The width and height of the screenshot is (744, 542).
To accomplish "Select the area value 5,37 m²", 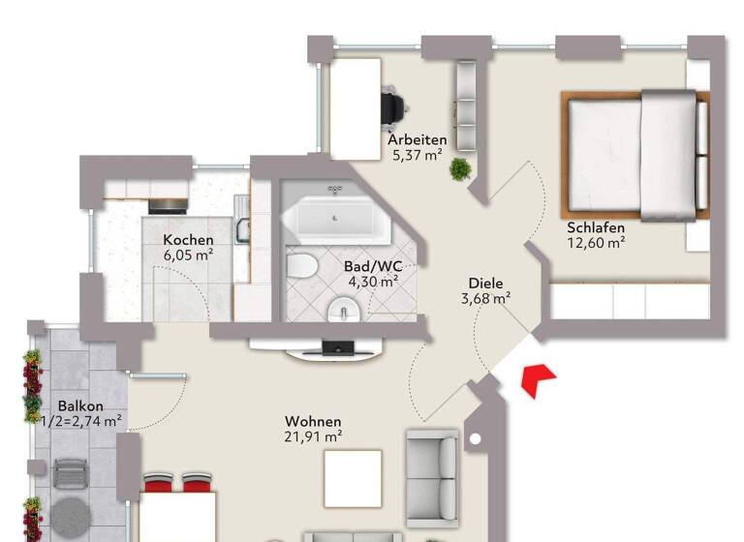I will (x=418, y=154).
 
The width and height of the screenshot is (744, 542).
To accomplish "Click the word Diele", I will (x=486, y=284).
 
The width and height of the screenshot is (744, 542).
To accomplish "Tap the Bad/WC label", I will (x=373, y=266).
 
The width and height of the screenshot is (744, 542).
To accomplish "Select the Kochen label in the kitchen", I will (x=188, y=240).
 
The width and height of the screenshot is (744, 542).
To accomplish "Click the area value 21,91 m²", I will (x=313, y=437).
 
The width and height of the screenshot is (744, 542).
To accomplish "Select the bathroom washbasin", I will (x=342, y=310).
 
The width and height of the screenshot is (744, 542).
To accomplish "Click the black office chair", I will (x=391, y=105).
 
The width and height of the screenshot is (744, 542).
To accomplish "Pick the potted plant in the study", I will (x=460, y=169).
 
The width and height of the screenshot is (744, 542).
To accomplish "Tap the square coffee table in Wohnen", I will (x=353, y=478).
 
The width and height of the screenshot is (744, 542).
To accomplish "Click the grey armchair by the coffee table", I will (x=432, y=465).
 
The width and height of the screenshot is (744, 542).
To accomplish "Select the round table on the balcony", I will (x=70, y=514).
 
